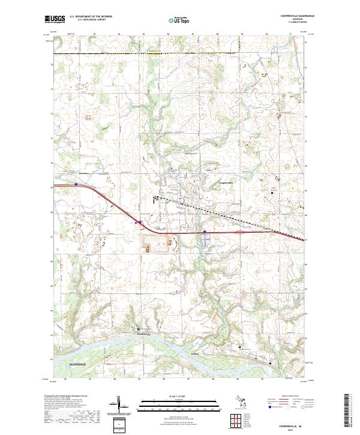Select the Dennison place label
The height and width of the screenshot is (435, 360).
click(83, 175)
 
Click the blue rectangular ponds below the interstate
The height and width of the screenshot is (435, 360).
click(206, 240)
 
